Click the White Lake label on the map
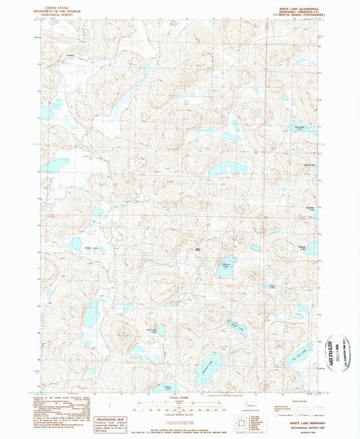[x=91, y=249]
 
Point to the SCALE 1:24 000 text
[x=179, y=399]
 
